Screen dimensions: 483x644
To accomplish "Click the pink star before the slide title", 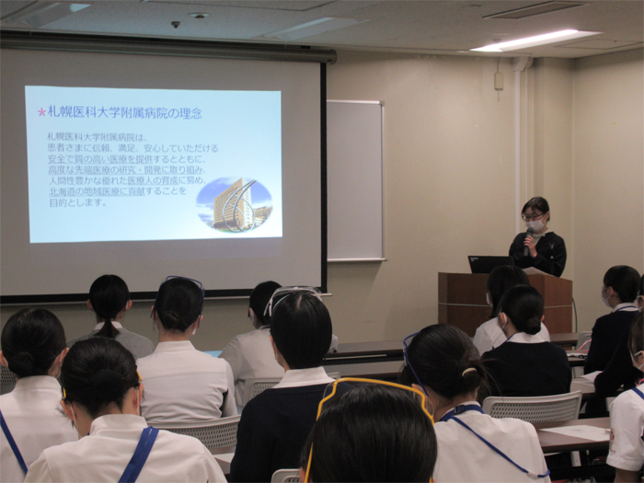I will pyautogui.click(x=41, y=112).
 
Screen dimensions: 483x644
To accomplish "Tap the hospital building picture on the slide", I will pyautogui.click(x=235, y=205).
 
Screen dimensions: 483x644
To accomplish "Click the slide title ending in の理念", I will pyautogui.click(x=124, y=112).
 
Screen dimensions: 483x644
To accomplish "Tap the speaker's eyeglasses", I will pyautogui.click(x=533, y=216).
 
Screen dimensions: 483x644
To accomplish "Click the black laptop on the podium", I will pyautogui.click(x=489, y=264).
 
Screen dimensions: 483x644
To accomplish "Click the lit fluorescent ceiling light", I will pyautogui.click(x=534, y=40).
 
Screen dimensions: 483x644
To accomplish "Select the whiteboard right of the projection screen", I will pyautogui.click(x=355, y=179).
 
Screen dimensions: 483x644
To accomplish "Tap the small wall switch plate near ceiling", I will pyautogui.click(x=498, y=81).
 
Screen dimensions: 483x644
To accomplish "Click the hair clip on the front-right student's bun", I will pyautogui.click(x=469, y=372).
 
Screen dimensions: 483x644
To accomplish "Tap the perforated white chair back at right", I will pyautogui.click(x=534, y=408).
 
